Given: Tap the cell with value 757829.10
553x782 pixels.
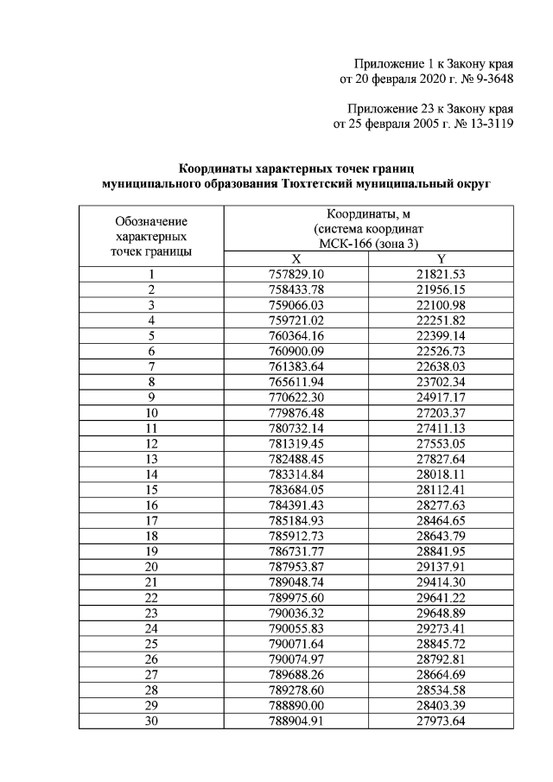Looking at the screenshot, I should point(296,275).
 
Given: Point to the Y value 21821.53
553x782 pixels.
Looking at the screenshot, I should point(442,275).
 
